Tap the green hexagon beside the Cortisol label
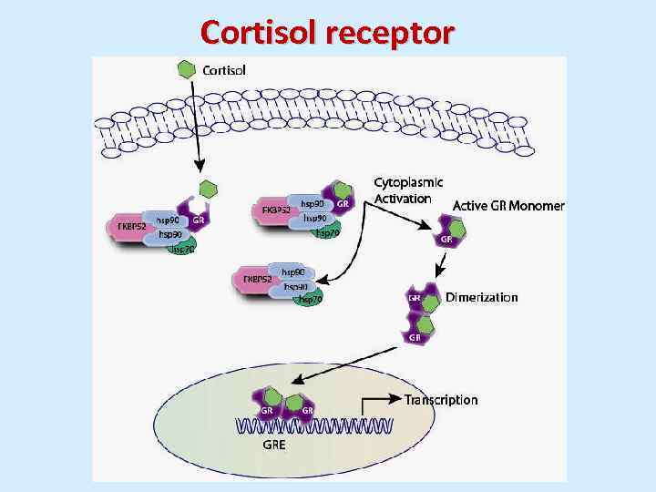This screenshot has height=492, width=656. coord(186,69)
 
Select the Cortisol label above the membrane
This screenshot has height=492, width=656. coord(223,69)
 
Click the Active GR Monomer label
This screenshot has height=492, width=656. coord(508,206)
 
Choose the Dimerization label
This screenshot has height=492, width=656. coord(481,297)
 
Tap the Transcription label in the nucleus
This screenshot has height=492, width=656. coord(441,399)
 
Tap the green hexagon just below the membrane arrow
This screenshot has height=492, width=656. coord(209,189)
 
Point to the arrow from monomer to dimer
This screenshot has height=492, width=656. coord(442,265)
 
